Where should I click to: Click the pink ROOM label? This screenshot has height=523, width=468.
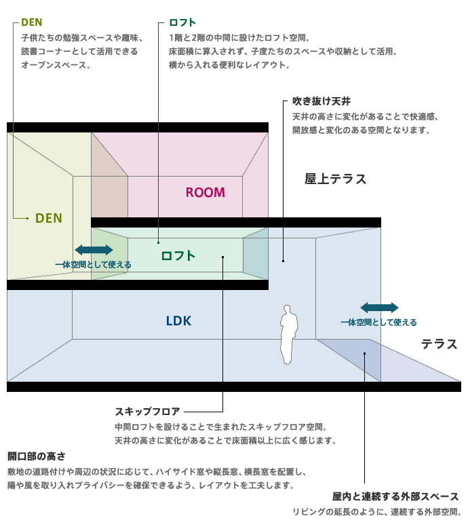pyautogui.click(x=206, y=192)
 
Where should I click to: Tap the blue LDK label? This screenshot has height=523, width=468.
pyautogui.click(x=178, y=321)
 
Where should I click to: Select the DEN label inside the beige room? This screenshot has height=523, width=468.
pyautogui.click(x=49, y=218)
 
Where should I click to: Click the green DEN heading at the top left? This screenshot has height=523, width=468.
pyautogui.click(x=32, y=22)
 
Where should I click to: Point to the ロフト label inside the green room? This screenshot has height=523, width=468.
pyautogui.click(x=178, y=256)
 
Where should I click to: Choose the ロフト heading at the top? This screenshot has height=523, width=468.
pyautogui.click(x=182, y=22)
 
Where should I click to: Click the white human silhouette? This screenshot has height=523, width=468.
pyautogui.click(x=288, y=334)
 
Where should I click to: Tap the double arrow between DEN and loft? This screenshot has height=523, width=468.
pyautogui.click(x=94, y=250)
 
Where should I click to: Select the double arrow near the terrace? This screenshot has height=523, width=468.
pyautogui.click(x=379, y=308)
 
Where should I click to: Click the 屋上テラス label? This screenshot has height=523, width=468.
pyautogui.click(x=336, y=179)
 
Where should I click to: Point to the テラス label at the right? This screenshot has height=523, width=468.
pyautogui.click(x=440, y=344)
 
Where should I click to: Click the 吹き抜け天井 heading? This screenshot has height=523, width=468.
pyautogui.click(x=321, y=101)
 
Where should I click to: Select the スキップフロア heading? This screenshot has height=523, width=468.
pyautogui.click(x=148, y=412)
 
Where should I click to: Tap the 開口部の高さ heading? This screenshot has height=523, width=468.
pyautogui.click(x=37, y=456)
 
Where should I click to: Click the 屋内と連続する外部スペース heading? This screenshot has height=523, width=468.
pyautogui.click(x=395, y=497)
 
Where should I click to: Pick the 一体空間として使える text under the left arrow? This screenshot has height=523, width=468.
pyautogui.click(x=94, y=265)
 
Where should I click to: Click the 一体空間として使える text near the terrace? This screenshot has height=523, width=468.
pyautogui.click(x=378, y=323)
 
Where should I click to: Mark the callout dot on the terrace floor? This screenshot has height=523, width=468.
pyautogui.click(x=364, y=354)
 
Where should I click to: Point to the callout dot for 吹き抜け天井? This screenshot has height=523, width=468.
pyautogui.click(x=283, y=261)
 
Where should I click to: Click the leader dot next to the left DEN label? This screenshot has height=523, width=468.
pyautogui.click(x=27, y=219)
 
